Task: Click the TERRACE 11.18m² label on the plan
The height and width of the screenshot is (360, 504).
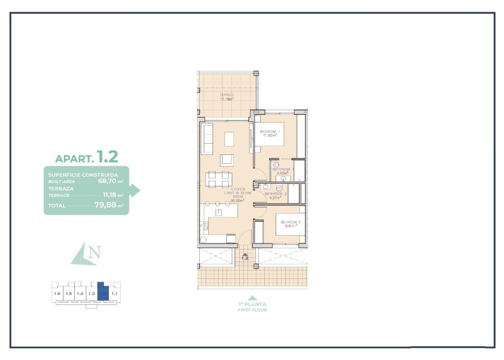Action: [x=226, y=96]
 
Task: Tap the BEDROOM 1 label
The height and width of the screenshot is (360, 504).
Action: [x=270, y=133]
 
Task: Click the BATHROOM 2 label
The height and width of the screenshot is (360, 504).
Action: [x=276, y=196]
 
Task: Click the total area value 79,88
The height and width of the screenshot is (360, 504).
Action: [x=105, y=205]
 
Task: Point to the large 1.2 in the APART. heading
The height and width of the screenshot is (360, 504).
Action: [x=107, y=157]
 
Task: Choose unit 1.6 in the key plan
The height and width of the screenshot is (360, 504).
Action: [x=57, y=294]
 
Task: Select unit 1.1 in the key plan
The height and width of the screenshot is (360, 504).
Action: [x=114, y=294]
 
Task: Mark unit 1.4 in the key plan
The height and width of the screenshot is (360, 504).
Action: [x=80, y=294]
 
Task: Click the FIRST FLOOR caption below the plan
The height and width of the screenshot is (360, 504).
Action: [x=252, y=310]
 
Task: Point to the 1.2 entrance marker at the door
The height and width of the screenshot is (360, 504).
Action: [x=245, y=256]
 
